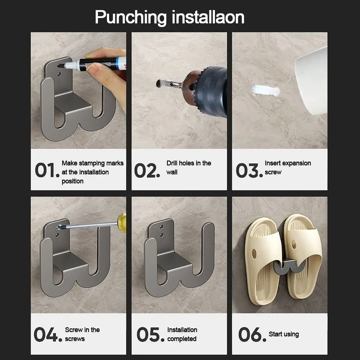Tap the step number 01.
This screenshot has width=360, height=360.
(47, 170)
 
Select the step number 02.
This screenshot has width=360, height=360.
(147, 171)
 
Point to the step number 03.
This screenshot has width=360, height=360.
(249, 170)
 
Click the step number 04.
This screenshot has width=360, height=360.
(48, 334)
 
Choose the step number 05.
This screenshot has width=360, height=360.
(150, 334)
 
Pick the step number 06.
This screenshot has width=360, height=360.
(252, 334)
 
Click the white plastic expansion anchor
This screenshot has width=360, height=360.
(266, 90)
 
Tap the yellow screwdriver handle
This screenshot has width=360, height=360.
(122, 222)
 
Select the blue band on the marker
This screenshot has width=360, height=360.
(118, 63)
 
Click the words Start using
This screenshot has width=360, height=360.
(284, 334)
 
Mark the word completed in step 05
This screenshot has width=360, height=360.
(182, 339)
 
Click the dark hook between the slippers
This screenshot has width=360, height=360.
(289, 267)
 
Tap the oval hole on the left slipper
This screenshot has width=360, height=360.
(254, 253)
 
